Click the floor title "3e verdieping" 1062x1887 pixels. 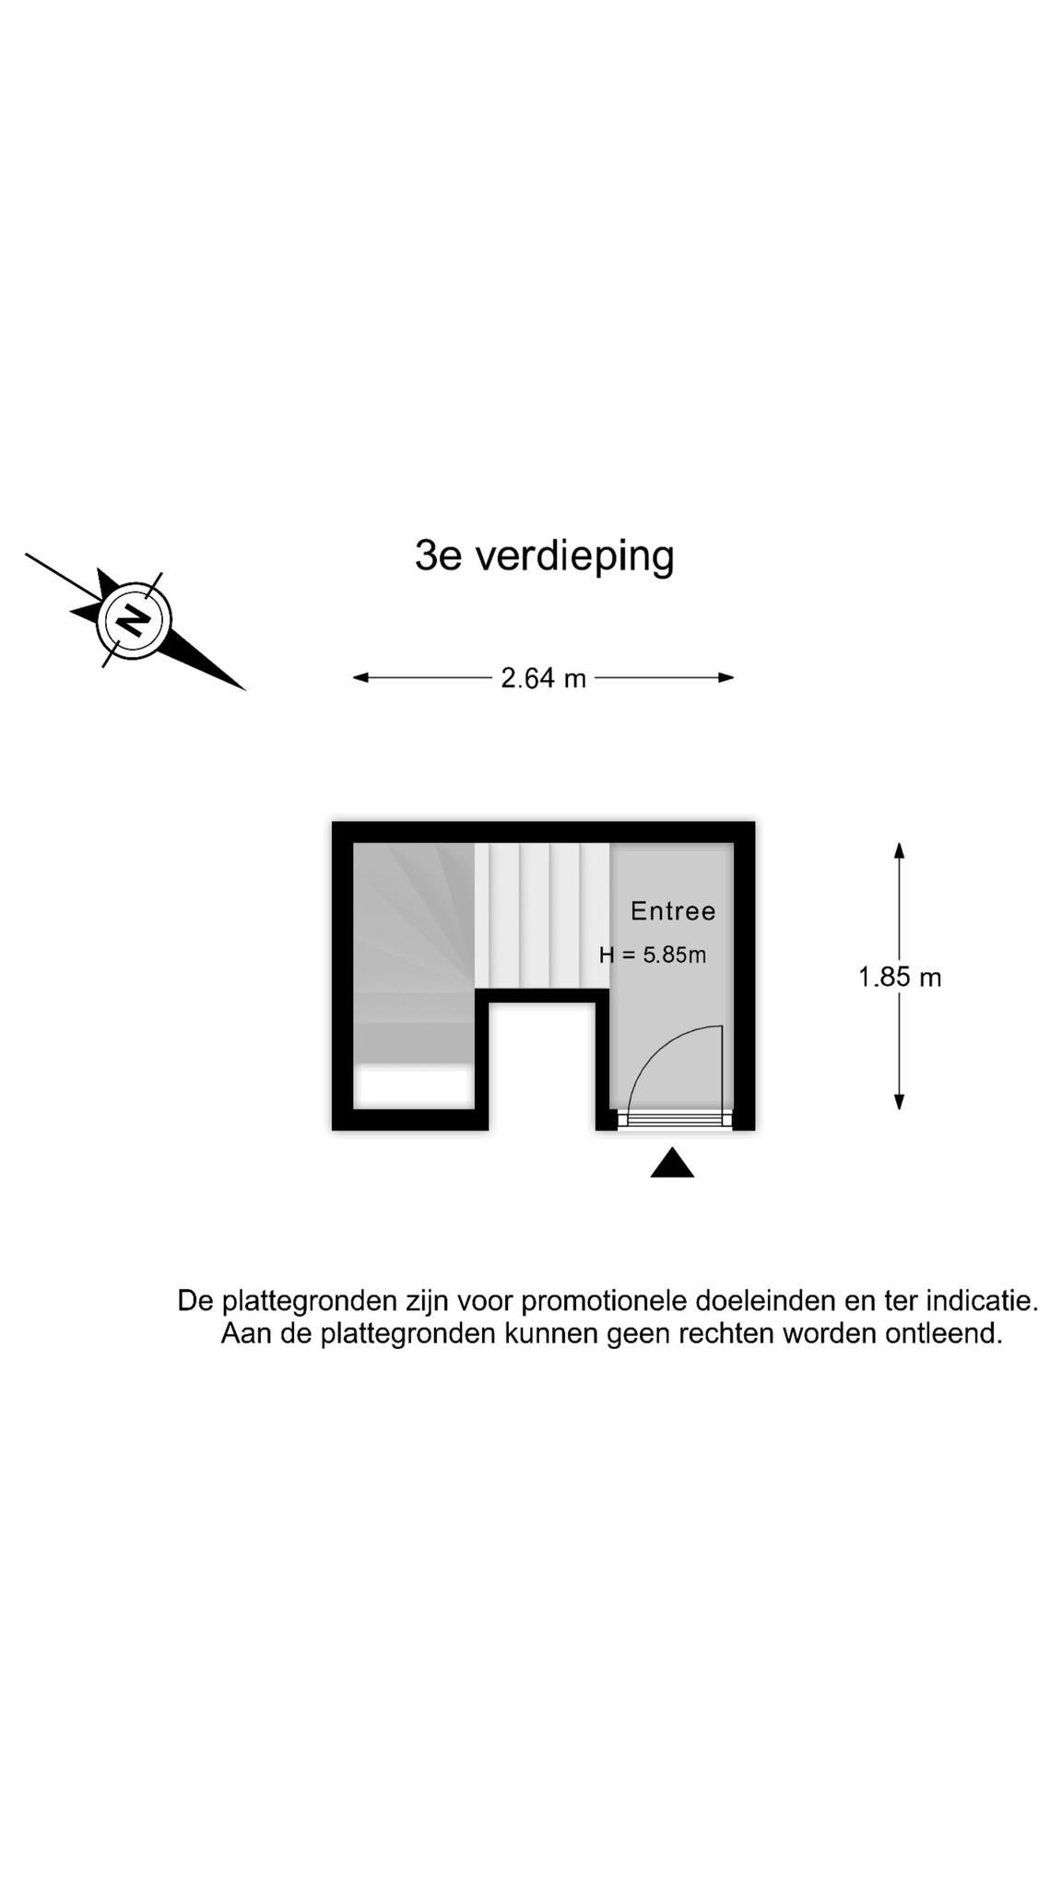(x=544, y=557)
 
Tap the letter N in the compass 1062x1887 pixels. (x=136, y=619)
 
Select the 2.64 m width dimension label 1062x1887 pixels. (x=543, y=678)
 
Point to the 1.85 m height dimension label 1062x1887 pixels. (x=900, y=977)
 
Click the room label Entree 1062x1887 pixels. (x=673, y=911)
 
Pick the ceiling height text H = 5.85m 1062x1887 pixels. (x=653, y=955)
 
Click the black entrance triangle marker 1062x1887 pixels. (x=672, y=1163)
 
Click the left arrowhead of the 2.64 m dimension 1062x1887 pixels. (x=360, y=678)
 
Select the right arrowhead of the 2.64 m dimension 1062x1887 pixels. (x=726, y=678)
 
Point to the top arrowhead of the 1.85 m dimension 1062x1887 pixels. (x=900, y=850)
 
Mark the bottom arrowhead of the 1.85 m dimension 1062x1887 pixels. (x=900, y=1102)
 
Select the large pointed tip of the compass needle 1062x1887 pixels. (x=243, y=688)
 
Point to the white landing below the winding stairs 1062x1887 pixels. (x=414, y=1086)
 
